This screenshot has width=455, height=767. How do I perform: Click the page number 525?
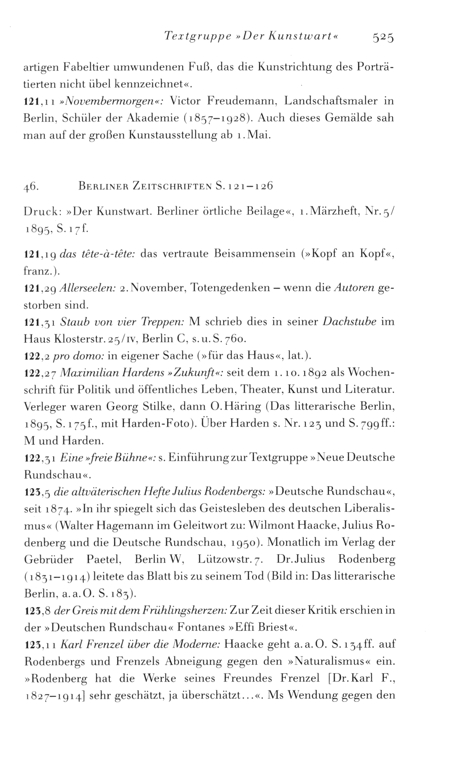click(x=383, y=37)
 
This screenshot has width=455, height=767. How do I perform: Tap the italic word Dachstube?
click(x=349, y=322)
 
